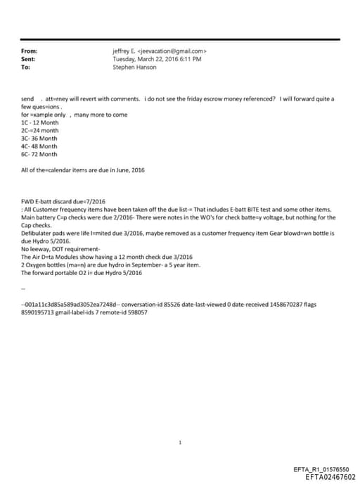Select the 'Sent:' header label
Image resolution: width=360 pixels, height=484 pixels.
(30, 59)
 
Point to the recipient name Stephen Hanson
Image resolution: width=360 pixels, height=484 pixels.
(134, 67)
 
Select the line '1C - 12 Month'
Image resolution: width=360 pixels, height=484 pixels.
(40, 122)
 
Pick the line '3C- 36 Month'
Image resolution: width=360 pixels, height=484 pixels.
(40, 138)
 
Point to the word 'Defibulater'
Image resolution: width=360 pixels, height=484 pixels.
(37, 233)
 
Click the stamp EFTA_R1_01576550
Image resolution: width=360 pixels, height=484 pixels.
(324, 469)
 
